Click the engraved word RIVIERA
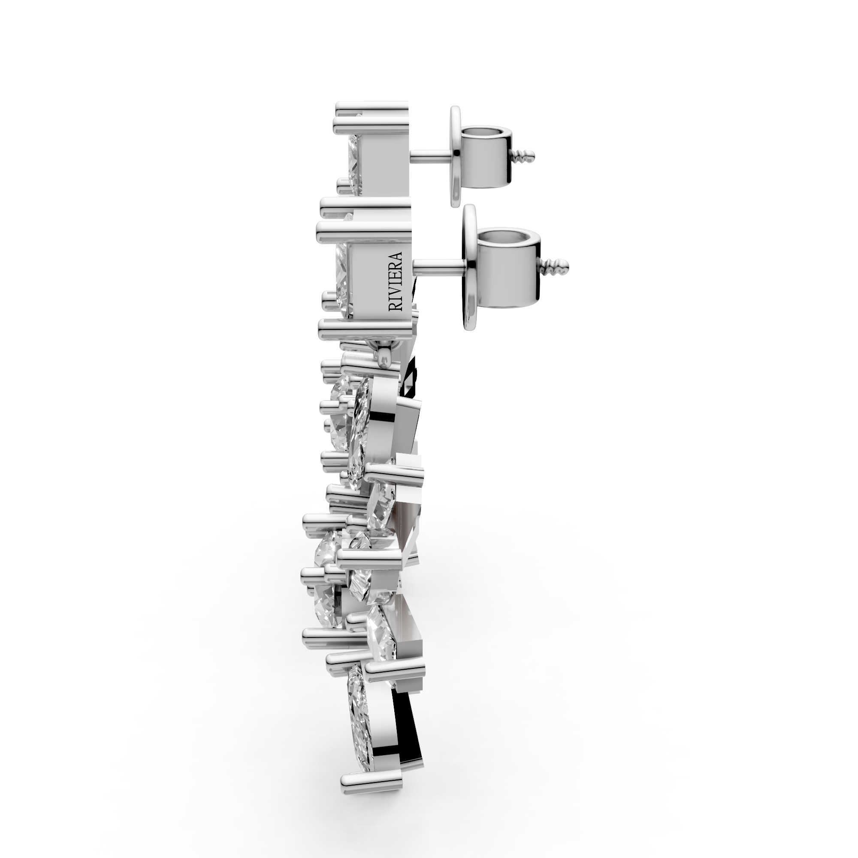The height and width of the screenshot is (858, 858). click(x=395, y=281)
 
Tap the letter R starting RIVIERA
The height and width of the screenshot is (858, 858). click(x=395, y=306)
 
